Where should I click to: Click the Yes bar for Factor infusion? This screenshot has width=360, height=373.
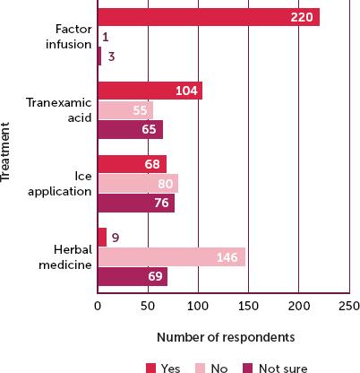pos(208,17)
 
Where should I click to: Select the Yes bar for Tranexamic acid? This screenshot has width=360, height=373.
pos(150,91)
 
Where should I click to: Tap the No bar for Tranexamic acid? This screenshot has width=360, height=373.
pos(124,109)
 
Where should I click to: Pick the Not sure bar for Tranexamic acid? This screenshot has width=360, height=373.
pos(130,128)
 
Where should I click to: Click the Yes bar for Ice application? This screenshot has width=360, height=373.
pos(132,164)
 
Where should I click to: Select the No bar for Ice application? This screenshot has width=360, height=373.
pos(138,183)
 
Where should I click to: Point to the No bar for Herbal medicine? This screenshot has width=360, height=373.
pos(171,257)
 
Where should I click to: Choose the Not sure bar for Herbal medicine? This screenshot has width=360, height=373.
pos(133,276)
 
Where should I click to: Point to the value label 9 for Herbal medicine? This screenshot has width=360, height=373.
pos(116,239)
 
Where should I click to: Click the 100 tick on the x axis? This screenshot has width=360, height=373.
pos(198,305)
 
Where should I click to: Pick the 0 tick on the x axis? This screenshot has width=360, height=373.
pos(98,305)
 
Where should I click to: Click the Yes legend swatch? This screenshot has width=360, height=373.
pos(150,367)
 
